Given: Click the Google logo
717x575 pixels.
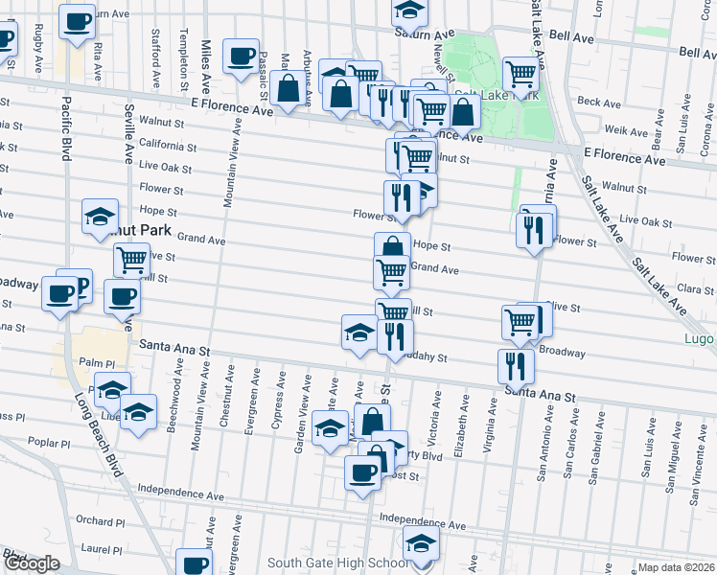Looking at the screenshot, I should (31, 563).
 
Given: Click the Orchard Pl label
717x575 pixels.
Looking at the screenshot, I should (96, 520).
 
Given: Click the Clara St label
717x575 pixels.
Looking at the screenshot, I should (696, 287).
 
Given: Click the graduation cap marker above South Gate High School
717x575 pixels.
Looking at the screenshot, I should (420, 543).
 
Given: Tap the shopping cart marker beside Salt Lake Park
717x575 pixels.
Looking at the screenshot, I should (520, 73).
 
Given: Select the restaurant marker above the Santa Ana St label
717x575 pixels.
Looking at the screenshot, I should (516, 364).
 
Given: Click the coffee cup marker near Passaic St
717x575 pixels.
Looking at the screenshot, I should (241, 54).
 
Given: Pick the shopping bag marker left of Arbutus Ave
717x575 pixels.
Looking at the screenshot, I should (288, 89).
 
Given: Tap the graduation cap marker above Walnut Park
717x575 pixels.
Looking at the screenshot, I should (100, 218).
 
